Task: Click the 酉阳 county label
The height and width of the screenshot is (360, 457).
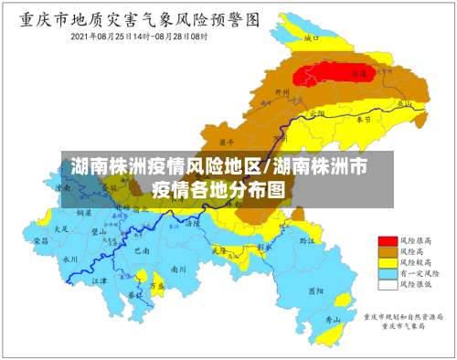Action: [315, 291]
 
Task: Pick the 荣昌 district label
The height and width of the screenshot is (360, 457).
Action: [41, 241]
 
